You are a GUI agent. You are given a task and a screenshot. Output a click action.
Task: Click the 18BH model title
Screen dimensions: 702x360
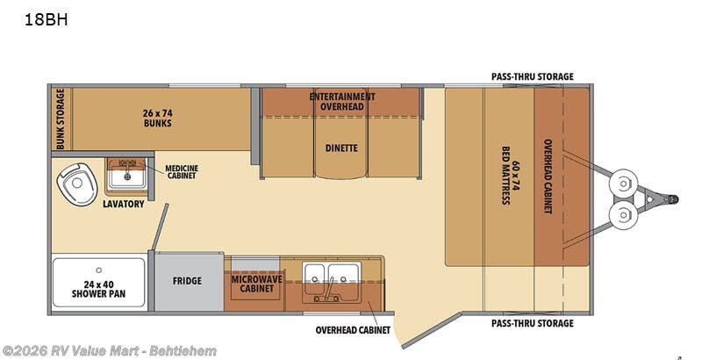[x=47, y=20]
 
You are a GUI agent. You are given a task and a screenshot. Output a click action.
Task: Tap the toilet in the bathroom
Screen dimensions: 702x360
[x=77, y=184]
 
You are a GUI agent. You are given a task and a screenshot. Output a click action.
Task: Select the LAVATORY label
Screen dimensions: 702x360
[x=124, y=205]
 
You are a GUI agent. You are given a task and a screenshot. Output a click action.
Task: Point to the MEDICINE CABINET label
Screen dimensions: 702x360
[x=182, y=172]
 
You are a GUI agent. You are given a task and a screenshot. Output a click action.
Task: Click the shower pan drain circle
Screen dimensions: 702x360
[x=99, y=270]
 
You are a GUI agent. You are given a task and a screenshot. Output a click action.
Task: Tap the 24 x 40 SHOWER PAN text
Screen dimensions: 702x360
[x=98, y=289]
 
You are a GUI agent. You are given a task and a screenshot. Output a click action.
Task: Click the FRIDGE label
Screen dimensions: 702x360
[x=187, y=281]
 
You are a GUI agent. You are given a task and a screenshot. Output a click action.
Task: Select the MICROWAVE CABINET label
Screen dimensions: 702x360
[x=256, y=284]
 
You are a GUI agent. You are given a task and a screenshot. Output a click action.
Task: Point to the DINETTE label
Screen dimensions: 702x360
[x=341, y=148]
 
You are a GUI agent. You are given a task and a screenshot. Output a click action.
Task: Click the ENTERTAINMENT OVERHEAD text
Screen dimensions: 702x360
[x=342, y=102]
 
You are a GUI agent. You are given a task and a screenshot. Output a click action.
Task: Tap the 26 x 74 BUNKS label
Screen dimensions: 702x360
[x=158, y=118]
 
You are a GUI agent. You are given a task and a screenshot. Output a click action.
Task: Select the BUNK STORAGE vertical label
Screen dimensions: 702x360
[x=61, y=119]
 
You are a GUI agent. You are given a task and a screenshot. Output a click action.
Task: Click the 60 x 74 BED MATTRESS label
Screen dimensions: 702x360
[x=511, y=176]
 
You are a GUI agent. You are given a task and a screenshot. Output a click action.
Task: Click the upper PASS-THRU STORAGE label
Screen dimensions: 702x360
[x=533, y=76]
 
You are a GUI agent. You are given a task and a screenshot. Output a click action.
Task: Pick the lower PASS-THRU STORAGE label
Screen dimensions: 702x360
[x=533, y=323]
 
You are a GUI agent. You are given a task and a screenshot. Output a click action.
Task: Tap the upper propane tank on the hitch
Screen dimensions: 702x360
[x=623, y=184]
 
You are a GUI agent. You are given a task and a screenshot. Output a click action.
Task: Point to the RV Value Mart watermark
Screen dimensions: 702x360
[x=110, y=351]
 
